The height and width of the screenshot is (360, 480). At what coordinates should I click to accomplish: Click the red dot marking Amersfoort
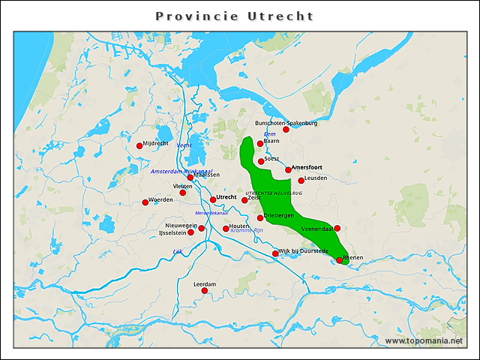pos(288,170)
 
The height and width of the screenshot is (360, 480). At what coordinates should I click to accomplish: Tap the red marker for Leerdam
pos(203,291)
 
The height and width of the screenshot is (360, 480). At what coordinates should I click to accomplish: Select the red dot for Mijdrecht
pos(139,146)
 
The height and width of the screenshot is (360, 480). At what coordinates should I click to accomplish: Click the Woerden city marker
pos(145,202)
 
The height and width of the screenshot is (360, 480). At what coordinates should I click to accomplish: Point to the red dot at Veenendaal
pos(337,228)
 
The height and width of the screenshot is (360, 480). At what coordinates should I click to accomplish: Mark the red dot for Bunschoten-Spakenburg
pos(286,130)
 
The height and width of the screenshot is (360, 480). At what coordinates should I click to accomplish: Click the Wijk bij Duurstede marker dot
pos(275,253)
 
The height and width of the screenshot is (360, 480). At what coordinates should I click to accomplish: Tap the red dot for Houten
pos(226,229)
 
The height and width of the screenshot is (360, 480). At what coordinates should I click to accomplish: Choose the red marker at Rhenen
pos(340,261)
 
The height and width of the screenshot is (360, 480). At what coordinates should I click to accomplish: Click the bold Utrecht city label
pos(226,197)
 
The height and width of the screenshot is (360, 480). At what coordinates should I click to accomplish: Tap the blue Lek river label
pos(178,251)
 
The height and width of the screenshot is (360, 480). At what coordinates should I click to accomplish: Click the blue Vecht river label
pos(184,145)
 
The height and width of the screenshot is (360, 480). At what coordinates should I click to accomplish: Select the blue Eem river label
pos(270,134)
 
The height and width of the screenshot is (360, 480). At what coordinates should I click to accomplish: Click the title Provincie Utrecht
pos(235,16)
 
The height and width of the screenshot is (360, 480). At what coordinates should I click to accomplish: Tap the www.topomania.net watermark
pos(424,340)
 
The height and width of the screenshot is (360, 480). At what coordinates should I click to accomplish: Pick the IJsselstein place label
pos(172,233)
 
